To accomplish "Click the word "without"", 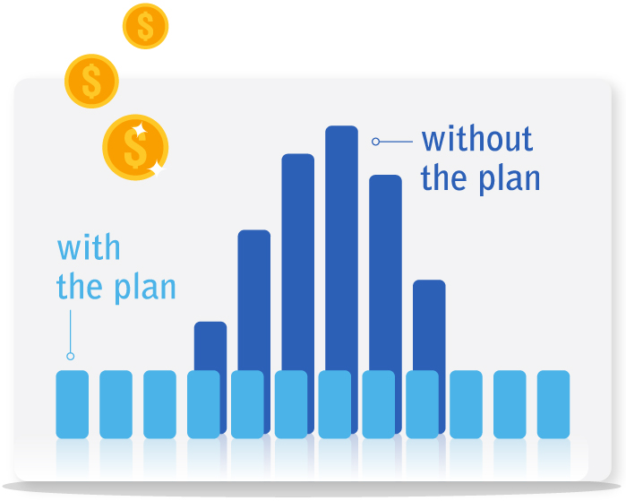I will [477, 140].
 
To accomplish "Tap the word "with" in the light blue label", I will [89, 247].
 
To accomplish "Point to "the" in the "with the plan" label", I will [82, 287].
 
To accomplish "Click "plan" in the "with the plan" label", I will [145, 289].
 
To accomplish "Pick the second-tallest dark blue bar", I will [297, 260].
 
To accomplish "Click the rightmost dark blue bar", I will [429, 323].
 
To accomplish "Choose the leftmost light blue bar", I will [73, 403].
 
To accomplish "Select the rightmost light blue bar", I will [553, 403].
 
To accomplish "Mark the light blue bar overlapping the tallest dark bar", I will [335, 403].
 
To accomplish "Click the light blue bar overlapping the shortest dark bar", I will [203, 403].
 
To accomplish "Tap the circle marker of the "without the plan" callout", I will [376, 141].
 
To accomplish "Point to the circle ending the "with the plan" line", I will [71, 356].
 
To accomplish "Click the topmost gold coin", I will [145, 26].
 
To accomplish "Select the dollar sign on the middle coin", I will [91, 82].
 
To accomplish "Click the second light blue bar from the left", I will [116, 403].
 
